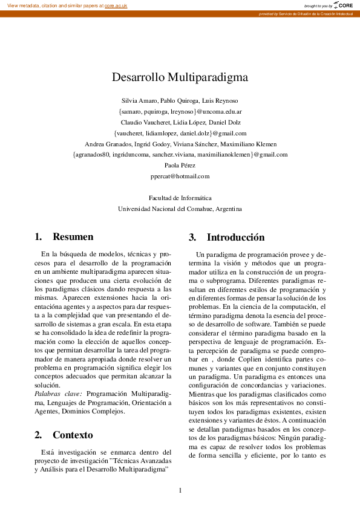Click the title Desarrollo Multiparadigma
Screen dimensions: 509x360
click(180, 77)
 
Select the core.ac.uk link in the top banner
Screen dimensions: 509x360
click(117, 5)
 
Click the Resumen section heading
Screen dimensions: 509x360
click(73, 237)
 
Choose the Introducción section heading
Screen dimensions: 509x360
click(236, 237)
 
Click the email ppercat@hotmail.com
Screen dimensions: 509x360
click(180, 176)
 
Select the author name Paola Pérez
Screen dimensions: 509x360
click(180, 165)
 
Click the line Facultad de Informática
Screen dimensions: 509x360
click(180, 198)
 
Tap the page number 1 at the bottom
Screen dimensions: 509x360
click(180, 490)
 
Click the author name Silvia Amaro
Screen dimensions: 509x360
click(139, 100)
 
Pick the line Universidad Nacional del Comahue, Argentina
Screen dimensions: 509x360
click(180, 209)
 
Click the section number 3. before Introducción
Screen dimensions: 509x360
click(192, 237)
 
